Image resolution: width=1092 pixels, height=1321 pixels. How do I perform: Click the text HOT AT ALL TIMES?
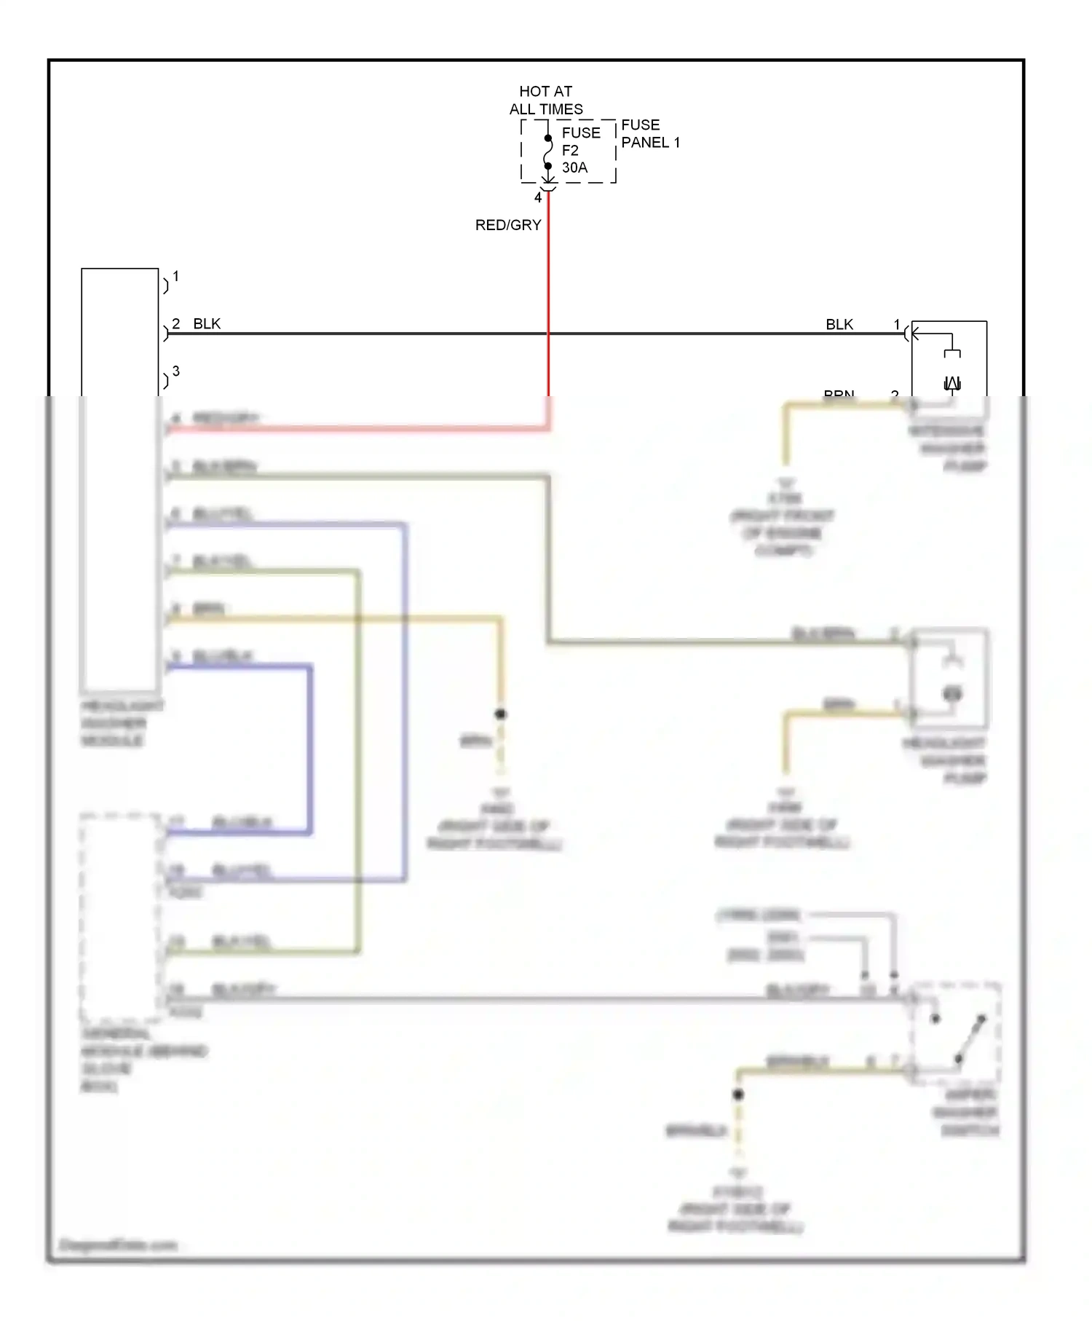(x=545, y=100)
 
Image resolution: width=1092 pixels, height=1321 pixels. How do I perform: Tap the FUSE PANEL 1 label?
(x=649, y=133)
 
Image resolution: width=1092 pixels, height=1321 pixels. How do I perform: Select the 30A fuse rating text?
(x=574, y=167)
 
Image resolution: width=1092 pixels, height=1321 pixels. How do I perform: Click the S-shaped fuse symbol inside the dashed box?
(x=548, y=152)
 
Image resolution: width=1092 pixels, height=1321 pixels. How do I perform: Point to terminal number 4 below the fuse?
(x=538, y=197)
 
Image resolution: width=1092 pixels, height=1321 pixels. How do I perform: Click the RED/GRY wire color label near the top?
(x=507, y=225)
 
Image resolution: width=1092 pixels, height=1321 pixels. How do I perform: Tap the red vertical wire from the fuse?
(x=548, y=291)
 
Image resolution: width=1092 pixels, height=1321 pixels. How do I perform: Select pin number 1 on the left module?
(x=175, y=276)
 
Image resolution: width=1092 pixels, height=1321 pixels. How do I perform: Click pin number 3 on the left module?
(x=175, y=371)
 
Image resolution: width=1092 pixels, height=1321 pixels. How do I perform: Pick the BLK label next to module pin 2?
(x=207, y=323)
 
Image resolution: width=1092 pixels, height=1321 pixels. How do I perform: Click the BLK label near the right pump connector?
(x=839, y=324)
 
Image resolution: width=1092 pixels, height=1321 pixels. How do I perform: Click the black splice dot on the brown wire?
(x=500, y=714)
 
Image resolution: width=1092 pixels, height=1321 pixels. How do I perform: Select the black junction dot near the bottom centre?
(x=737, y=1094)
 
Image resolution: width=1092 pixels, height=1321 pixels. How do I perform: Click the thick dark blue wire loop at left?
(x=310, y=750)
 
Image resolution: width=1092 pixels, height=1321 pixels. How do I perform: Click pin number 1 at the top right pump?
(x=896, y=323)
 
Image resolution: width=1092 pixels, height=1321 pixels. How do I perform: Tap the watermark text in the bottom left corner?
(x=117, y=1245)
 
